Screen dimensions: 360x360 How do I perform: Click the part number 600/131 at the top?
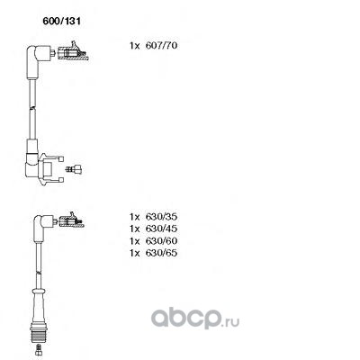click(x=62, y=22)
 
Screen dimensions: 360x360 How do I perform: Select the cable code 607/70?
click(x=161, y=46)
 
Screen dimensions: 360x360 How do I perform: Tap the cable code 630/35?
click(x=161, y=217)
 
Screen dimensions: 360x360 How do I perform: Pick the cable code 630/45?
click(x=161, y=229)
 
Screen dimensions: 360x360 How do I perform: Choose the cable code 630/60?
click(x=161, y=241)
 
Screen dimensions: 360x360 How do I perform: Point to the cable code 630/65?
click(x=161, y=253)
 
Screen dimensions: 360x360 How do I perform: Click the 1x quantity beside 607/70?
click(x=135, y=46)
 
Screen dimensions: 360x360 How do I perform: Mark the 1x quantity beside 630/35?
click(x=135, y=217)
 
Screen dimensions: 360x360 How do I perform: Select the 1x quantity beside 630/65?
click(x=135, y=253)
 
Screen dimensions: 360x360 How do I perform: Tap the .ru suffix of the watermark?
click(x=231, y=322)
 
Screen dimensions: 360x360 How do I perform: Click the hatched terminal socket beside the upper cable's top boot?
click(x=73, y=53)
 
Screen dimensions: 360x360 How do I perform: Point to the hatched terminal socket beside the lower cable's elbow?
click(x=72, y=220)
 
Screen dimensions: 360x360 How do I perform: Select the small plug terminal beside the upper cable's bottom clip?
click(x=74, y=169)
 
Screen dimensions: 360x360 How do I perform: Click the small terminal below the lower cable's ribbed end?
click(x=38, y=349)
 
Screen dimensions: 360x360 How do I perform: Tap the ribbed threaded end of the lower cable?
click(x=39, y=333)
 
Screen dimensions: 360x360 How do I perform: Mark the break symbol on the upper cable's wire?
click(x=32, y=108)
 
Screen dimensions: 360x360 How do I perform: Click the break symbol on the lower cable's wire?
click(x=39, y=273)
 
